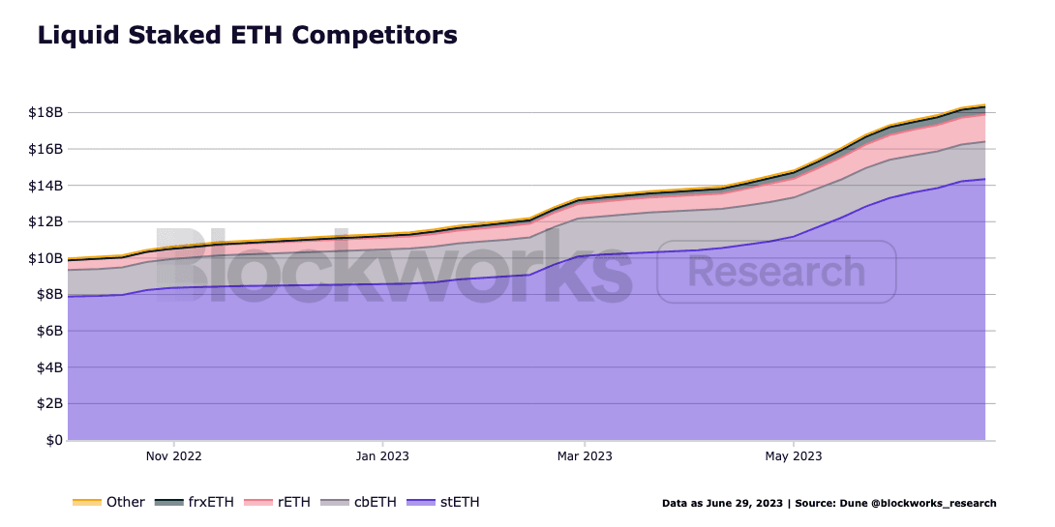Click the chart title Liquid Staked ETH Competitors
pyautogui.click(x=247, y=36)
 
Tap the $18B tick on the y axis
pyautogui.click(x=45, y=113)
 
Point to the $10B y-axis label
pyautogui.click(x=45, y=258)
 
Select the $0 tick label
pyautogui.click(x=52, y=441)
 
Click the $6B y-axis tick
pyautogui.click(x=47, y=331)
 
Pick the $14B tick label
pyautogui.click(x=45, y=186)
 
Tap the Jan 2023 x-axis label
pyautogui.click(x=382, y=455)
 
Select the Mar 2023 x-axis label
pyautogui.click(x=584, y=455)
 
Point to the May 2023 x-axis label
pyautogui.click(x=794, y=455)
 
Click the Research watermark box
pyautogui.click(x=776, y=272)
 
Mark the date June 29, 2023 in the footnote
pyautogui.click(x=741, y=504)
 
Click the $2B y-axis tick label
pyautogui.click(x=47, y=404)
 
